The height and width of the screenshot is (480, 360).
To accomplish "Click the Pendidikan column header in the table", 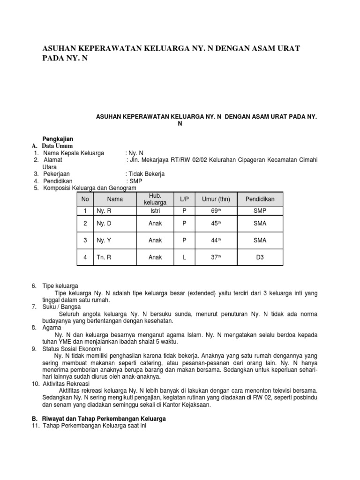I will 260,199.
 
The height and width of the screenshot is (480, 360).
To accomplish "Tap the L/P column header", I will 184,199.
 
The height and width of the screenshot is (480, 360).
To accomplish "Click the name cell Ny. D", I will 104,224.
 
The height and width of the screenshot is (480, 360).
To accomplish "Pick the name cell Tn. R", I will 104,257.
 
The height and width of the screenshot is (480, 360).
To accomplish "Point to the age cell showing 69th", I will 215,211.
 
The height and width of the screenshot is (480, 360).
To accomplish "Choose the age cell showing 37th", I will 215,257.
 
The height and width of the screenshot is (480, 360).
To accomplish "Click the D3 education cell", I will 260,257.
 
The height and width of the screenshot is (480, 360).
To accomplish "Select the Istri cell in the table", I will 155,211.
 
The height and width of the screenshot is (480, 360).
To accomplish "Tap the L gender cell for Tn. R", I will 184,257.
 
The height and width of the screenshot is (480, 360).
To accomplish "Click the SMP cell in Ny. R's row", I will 260,211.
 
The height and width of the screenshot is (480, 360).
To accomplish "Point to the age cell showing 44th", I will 215,240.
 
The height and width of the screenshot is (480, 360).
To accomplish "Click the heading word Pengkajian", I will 58,139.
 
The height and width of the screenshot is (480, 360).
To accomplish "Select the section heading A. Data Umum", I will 52,146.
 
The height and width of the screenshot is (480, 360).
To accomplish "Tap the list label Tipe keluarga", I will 60,285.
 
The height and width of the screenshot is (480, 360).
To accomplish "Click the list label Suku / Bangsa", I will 62,307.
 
